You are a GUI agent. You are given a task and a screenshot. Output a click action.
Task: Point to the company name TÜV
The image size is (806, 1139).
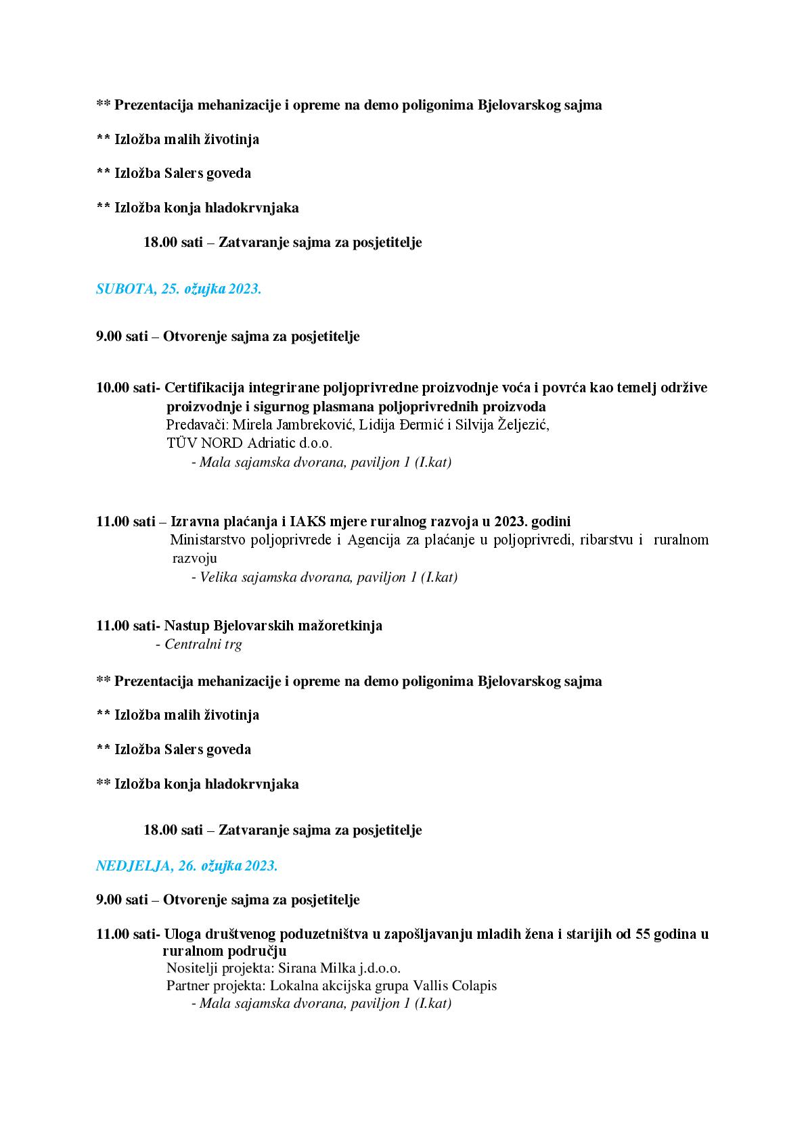[181, 444]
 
